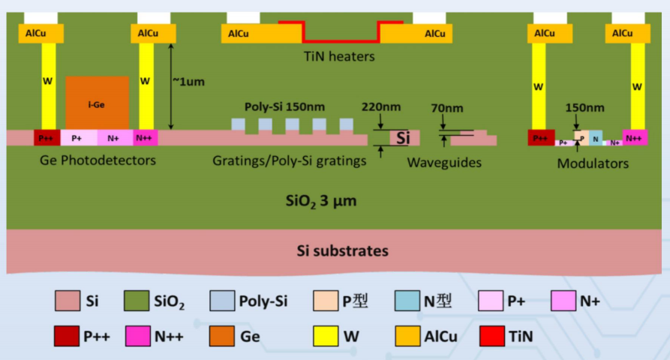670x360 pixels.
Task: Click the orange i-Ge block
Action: [x=97, y=102]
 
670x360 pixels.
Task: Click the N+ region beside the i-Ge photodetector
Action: [x=113, y=138]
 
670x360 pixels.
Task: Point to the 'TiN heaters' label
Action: [x=339, y=56]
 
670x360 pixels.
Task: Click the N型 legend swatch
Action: [x=406, y=301]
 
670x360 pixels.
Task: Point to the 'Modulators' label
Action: [x=593, y=163]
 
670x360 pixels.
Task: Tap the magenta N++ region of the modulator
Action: [x=634, y=138]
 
